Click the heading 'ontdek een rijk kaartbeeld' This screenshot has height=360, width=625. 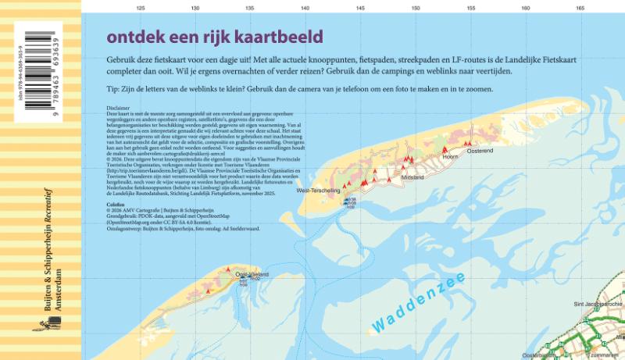point(214,37)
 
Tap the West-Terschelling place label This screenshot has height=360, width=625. point(319,191)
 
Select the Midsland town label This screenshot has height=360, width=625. point(412,178)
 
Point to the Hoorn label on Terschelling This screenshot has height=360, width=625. point(449,157)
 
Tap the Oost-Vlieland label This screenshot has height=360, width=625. point(252,275)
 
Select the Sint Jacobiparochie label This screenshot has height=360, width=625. point(598,303)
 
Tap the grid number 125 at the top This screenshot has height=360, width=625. point(141,8)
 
